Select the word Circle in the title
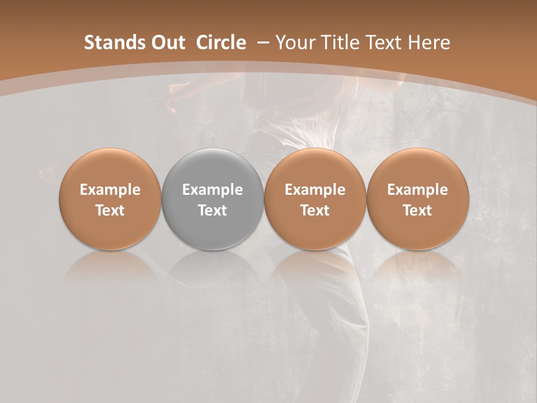(x=221, y=43)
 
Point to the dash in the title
(x=261, y=43)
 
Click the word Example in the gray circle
(x=213, y=190)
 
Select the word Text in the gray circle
(x=213, y=210)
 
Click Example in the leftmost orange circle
(x=110, y=190)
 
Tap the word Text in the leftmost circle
(x=110, y=210)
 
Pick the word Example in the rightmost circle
(x=417, y=190)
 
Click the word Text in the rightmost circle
(x=417, y=210)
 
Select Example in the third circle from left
(x=315, y=190)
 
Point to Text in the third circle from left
(x=315, y=210)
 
